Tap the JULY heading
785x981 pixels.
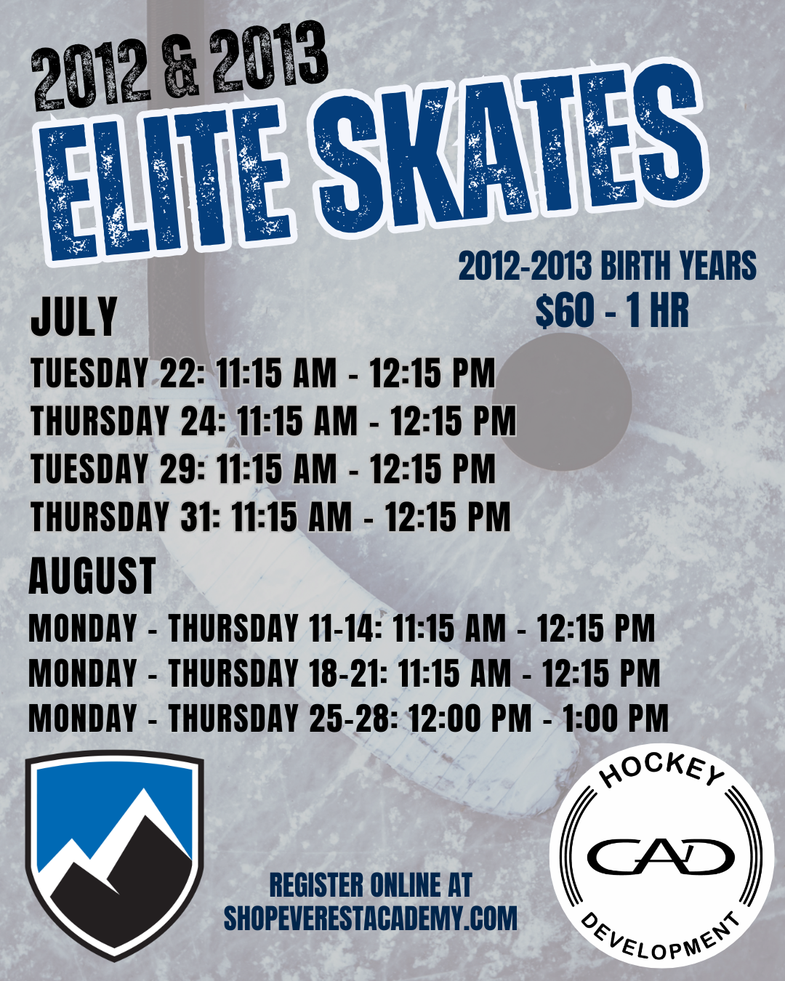tap(74, 316)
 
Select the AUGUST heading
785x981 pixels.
tap(92, 576)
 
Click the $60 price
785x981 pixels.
tap(565, 312)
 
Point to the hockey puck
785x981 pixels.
tap(562, 402)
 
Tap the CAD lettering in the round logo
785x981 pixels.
tap(660, 855)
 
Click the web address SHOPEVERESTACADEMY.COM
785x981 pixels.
tap(371, 918)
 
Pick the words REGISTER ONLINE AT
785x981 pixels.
tap(371, 884)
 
